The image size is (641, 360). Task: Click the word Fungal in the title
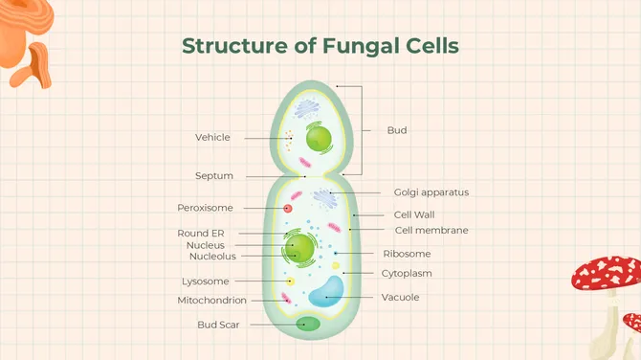[x=363, y=45]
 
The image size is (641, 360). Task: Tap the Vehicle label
[x=212, y=137]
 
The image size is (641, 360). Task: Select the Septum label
[x=214, y=176]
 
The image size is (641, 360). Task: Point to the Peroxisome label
[x=205, y=208]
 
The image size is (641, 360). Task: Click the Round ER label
[x=200, y=233]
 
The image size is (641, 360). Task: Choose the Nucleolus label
[x=212, y=257]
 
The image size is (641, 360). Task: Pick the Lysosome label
[x=205, y=281]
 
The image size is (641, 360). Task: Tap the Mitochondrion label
[x=211, y=301]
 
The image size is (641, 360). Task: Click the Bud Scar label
[x=218, y=325]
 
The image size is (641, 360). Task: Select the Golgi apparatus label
[x=431, y=192]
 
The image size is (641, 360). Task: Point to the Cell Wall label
[x=414, y=214]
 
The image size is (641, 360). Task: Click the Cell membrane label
[x=431, y=230]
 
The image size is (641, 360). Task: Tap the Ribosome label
[x=407, y=254]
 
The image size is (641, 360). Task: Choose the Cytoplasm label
[x=407, y=274]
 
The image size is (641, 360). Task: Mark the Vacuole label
[x=400, y=297]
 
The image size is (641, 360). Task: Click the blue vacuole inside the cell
[x=326, y=290]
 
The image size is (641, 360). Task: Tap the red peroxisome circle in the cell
[x=287, y=208]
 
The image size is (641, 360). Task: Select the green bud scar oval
[x=307, y=324]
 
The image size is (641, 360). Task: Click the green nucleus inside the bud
[x=319, y=141]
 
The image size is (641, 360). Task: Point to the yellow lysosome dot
[x=290, y=281]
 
